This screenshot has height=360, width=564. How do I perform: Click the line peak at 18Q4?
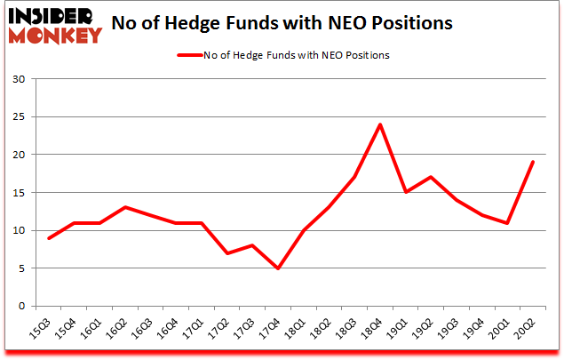(380, 124)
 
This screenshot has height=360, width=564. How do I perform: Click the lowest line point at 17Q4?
(279, 268)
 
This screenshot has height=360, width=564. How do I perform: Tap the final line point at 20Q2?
(532, 162)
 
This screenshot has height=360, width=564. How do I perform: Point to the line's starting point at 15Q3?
(51, 238)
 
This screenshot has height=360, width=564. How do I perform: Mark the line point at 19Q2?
(431, 177)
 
